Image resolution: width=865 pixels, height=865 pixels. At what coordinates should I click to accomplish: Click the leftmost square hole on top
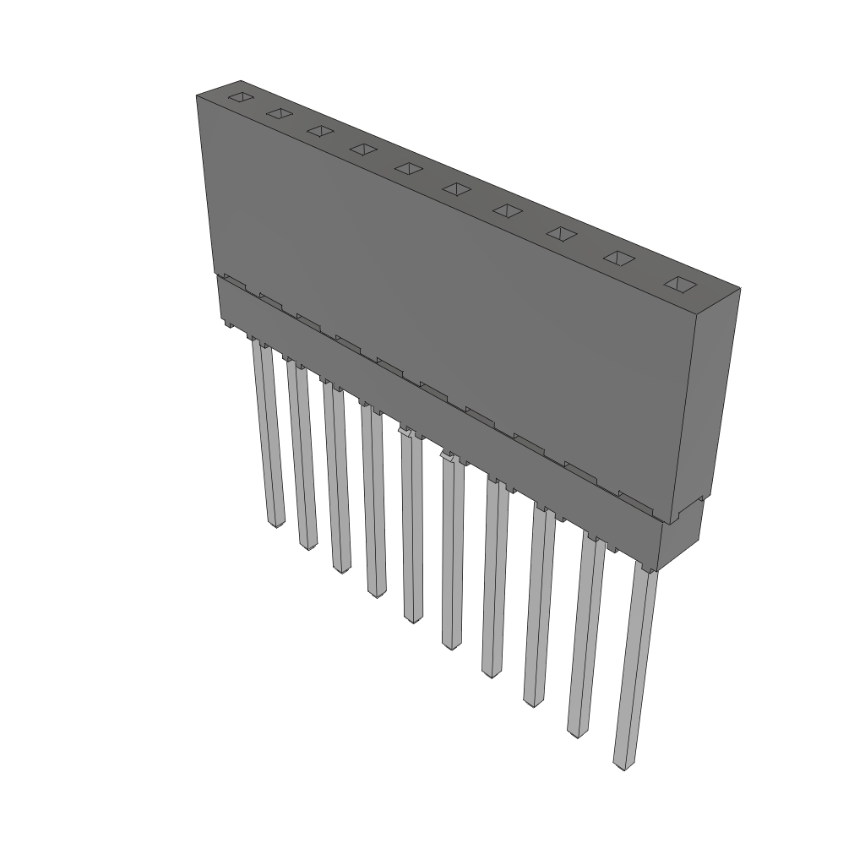(x=242, y=97)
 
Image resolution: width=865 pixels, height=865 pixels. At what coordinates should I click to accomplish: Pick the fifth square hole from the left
(x=408, y=168)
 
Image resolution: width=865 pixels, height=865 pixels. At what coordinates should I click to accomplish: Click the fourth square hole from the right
(x=506, y=210)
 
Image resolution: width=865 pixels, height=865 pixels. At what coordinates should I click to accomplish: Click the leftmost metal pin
(x=268, y=431)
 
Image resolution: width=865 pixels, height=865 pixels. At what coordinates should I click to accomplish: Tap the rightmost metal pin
(x=635, y=667)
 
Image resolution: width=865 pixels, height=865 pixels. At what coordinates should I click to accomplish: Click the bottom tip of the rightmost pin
(x=623, y=766)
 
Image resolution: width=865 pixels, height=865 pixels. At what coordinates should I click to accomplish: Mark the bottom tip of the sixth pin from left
(x=451, y=645)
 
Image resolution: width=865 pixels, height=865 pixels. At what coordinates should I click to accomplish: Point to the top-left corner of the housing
(x=197, y=95)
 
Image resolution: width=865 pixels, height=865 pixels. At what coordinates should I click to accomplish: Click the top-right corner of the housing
(x=740, y=289)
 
